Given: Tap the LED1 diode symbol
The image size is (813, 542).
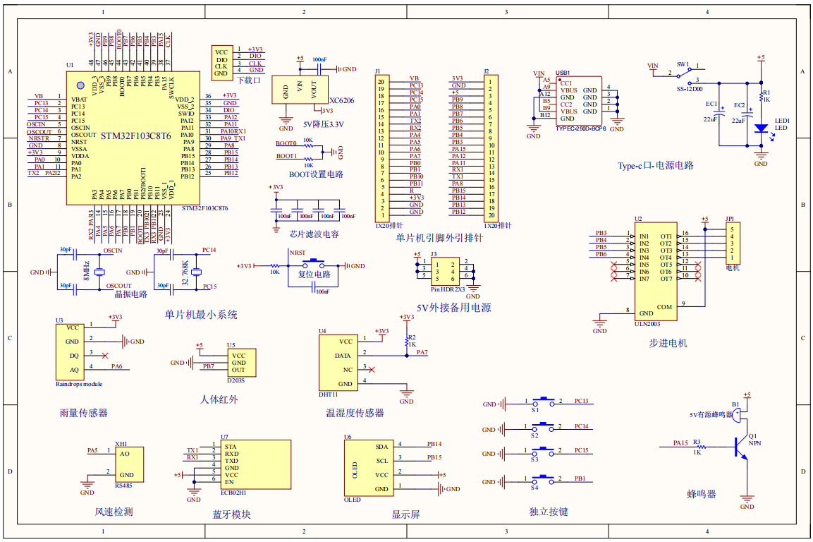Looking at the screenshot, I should (x=760, y=128).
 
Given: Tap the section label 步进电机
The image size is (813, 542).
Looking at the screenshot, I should (x=668, y=343).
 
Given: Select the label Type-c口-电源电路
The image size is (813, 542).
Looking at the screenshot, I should (x=656, y=165).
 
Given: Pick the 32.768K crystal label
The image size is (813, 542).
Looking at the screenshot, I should (x=184, y=272).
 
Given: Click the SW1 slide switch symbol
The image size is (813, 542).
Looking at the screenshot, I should (x=682, y=75).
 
